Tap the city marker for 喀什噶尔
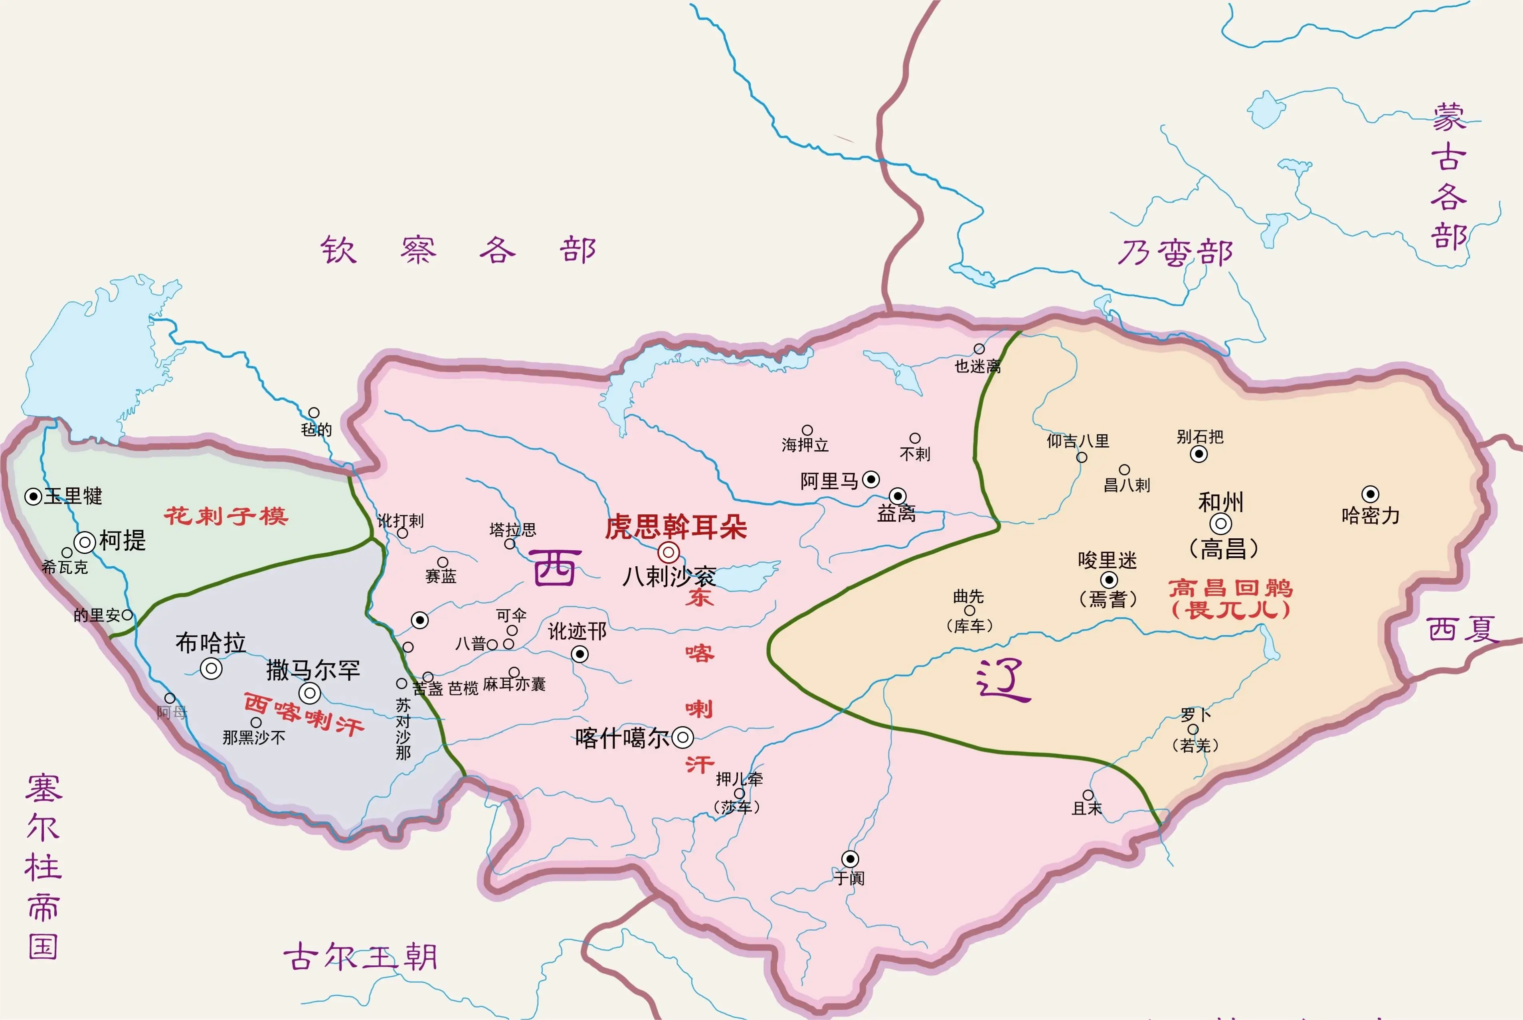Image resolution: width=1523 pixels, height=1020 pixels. [682, 738]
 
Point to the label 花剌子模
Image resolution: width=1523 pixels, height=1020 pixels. [226, 516]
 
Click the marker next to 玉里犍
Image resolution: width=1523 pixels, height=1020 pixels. [33, 497]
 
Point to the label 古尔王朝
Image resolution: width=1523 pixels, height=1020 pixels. [360, 957]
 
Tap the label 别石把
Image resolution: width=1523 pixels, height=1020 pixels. [1200, 437]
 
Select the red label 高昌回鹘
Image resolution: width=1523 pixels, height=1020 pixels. [1230, 588]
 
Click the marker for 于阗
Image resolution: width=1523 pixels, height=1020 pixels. [850, 859]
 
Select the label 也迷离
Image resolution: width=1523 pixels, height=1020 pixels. [977, 366]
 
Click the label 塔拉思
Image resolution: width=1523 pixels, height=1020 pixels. [512, 530]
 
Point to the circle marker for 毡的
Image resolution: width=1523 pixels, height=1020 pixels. [314, 413]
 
